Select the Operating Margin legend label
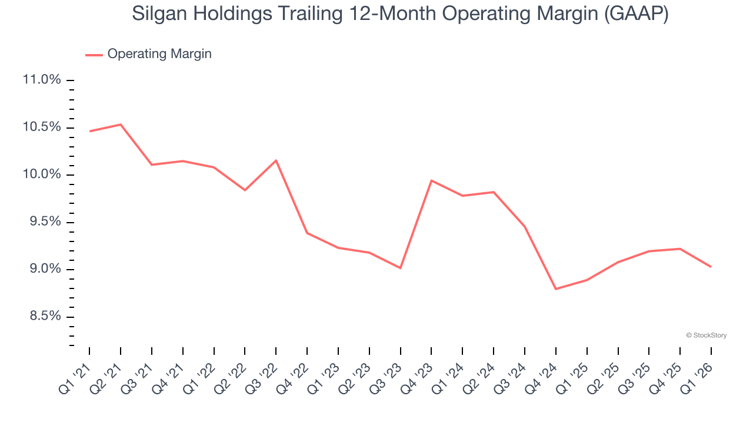[x=159, y=54]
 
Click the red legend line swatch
[x=94, y=55]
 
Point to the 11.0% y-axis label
[x=41, y=80]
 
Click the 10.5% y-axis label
[x=41, y=127]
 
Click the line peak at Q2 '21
[x=121, y=125]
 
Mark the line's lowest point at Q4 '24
[x=556, y=289]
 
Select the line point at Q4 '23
[x=432, y=180]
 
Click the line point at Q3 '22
[x=276, y=160]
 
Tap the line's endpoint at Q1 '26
[x=711, y=267]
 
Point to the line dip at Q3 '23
[x=401, y=268]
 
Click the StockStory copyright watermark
[x=707, y=335]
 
